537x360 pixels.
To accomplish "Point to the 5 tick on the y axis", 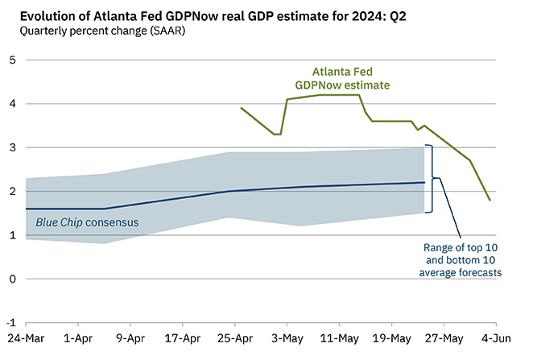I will [11, 60].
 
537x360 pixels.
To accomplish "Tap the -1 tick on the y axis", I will [10, 323].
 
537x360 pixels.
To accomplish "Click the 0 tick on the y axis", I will [11, 279].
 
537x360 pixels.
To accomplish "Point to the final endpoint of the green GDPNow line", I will [489, 200].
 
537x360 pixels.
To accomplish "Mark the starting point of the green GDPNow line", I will [242, 108].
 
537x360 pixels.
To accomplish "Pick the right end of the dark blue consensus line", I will [424, 183].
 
